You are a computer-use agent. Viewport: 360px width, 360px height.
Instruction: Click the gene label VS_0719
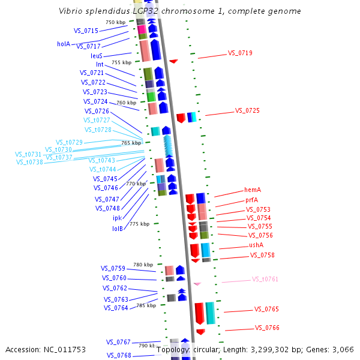(240, 53)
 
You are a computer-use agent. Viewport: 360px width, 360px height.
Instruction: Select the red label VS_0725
(247, 110)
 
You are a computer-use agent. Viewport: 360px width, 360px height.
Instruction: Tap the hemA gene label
(253, 190)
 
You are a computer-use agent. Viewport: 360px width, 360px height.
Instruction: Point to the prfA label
(252, 200)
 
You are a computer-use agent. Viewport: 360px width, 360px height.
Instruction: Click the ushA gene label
(256, 245)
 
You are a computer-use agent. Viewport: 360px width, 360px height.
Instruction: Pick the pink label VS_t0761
(265, 279)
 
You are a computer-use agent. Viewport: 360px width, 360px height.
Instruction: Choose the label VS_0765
(266, 309)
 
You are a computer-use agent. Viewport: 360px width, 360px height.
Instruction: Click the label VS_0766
(267, 328)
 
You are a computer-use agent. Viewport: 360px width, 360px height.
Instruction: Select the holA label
(64, 44)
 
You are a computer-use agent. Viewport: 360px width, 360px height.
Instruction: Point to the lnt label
(100, 64)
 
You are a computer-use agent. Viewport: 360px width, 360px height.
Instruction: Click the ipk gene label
(117, 218)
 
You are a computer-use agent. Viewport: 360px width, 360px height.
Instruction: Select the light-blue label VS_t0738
(29, 162)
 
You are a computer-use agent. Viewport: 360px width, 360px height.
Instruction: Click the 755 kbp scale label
(121, 62)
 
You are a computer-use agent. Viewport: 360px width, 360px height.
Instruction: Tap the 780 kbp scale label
(143, 265)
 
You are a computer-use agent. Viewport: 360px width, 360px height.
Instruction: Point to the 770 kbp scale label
(136, 184)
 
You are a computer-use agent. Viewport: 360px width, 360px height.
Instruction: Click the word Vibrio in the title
(73, 11)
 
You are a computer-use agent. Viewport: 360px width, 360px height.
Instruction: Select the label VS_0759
(113, 268)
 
